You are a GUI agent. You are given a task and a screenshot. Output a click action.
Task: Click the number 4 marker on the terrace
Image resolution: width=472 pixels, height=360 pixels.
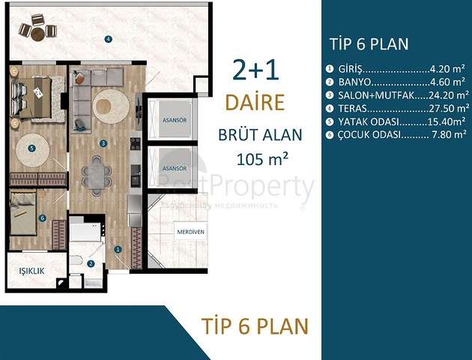(x=108, y=39)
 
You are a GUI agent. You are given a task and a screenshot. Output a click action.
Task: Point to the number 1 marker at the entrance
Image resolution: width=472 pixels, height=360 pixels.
(x=118, y=249)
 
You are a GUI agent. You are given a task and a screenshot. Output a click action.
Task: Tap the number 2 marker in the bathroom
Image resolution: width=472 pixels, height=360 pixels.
(x=91, y=263)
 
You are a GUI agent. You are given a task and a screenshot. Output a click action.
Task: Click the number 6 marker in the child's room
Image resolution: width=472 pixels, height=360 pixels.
(x=42, y=218)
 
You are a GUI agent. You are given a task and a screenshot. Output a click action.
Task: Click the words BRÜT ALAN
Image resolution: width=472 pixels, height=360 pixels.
(x=259, y=135)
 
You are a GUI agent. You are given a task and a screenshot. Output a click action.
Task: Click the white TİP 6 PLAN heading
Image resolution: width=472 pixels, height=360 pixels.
(x=369, y=43)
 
